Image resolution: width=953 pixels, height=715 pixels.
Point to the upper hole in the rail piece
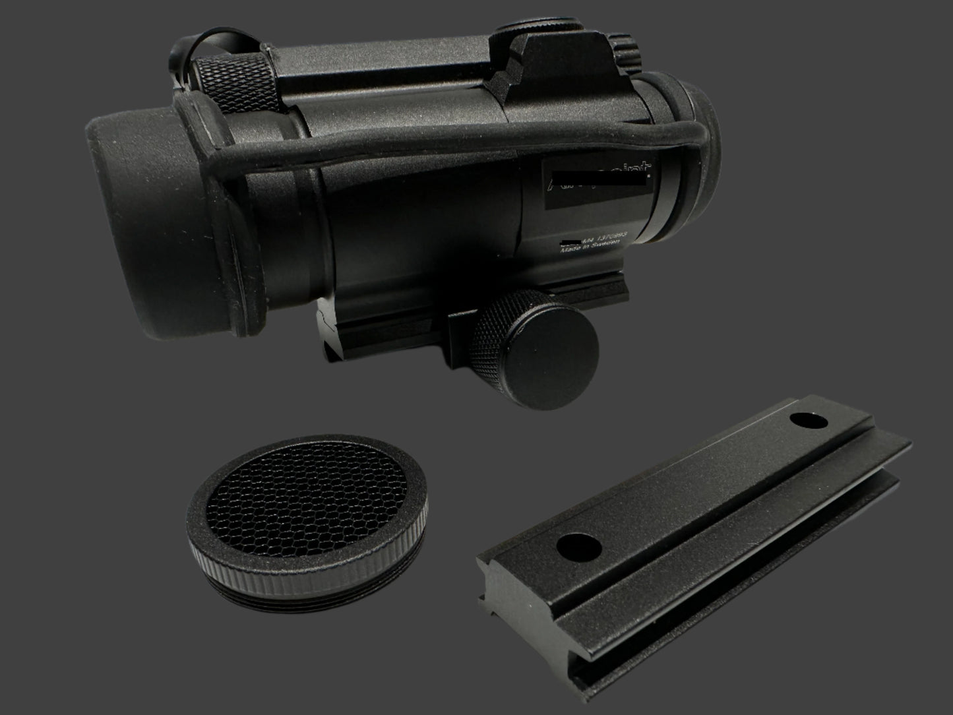[x=803, y=420]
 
